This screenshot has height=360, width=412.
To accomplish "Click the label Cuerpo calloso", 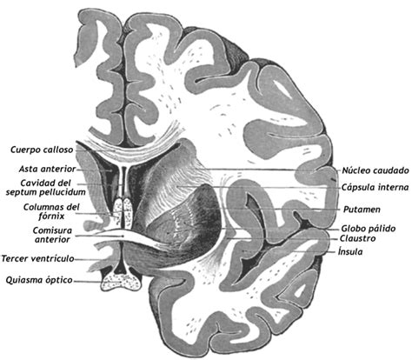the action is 42,150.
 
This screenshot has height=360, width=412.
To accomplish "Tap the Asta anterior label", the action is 47,169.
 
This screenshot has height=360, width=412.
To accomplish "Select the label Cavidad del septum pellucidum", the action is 45,188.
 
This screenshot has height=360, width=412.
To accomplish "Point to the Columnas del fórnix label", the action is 51,211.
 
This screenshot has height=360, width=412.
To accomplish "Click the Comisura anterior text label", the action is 52,235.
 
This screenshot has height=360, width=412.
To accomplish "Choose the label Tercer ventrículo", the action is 38,258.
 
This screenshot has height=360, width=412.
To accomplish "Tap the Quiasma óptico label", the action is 39,280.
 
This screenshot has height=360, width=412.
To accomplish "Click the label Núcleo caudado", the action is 375,170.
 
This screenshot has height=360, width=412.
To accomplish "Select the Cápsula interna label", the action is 375,187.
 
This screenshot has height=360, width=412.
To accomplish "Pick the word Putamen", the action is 362,210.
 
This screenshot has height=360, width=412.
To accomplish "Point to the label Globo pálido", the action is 368,229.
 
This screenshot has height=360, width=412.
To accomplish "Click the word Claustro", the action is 357,238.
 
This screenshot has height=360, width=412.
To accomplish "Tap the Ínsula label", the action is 350,251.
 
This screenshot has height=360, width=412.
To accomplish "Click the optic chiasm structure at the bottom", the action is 121,282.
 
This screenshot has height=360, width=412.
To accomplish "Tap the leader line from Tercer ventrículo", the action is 92,259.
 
